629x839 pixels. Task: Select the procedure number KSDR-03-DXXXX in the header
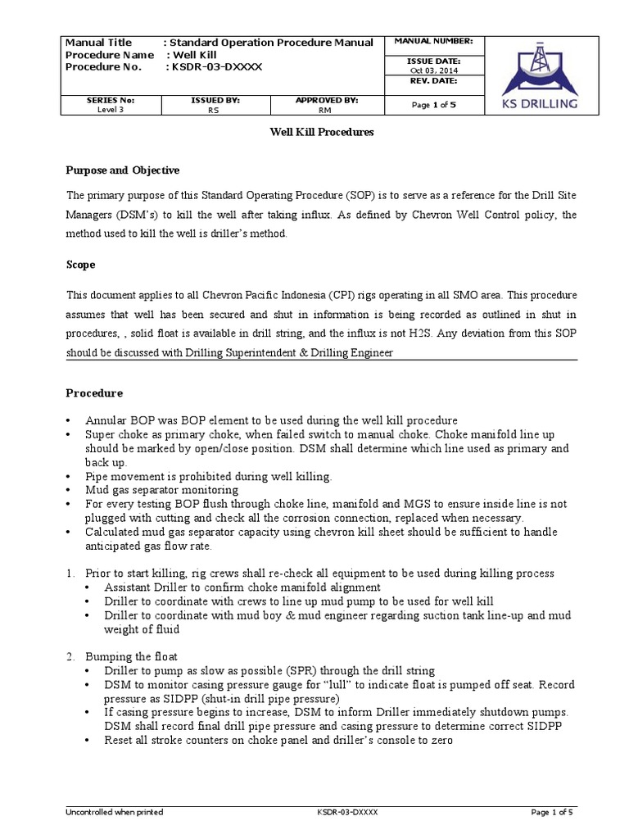215,66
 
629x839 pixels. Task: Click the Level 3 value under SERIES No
110,108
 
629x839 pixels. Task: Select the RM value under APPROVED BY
326,108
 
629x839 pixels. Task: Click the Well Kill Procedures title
322,132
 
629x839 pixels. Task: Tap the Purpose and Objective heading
122,170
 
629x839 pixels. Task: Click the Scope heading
80,265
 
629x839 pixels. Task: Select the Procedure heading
94,393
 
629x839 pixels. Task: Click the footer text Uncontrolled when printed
114,812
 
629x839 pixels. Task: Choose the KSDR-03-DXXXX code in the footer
347,812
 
